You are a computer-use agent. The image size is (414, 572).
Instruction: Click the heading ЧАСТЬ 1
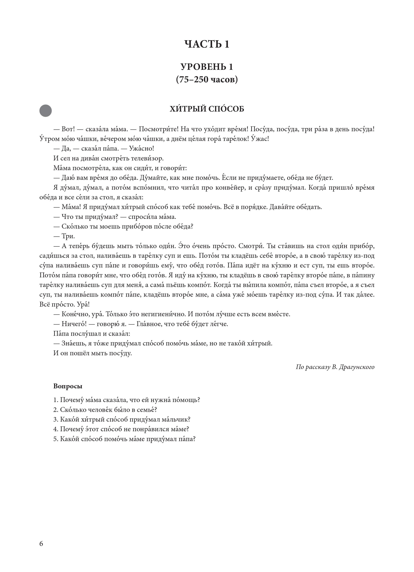207,44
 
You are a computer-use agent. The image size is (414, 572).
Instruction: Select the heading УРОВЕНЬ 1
207,67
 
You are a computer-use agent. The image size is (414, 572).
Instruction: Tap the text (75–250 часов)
207,79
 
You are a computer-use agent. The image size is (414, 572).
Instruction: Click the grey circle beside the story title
46,111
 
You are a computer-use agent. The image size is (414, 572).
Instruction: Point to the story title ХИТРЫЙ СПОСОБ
207,109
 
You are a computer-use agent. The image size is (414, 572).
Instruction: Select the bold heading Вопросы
68,386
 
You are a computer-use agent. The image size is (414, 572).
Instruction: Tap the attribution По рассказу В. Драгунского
335,367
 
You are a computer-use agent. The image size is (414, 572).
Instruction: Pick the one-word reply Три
68,236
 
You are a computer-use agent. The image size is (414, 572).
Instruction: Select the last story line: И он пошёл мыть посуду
93,353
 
